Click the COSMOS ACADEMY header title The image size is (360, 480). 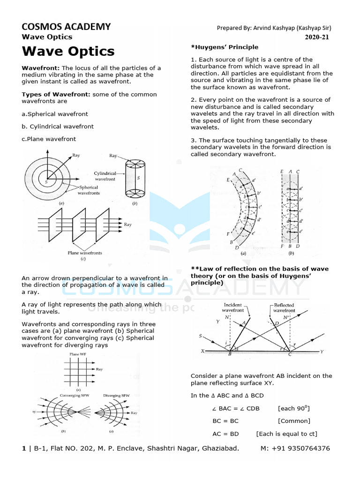point(66,26)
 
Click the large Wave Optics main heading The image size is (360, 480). point(68,51)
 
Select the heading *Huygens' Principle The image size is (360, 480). point(225,47)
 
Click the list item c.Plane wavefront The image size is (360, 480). point(49,139)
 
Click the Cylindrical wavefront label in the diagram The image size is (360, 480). point(108,176)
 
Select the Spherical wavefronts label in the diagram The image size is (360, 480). point(88,190)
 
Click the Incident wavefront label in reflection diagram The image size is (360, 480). point(232,307)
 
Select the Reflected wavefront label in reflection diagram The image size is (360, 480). point(284,307)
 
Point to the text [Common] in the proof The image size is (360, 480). point(294,421)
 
